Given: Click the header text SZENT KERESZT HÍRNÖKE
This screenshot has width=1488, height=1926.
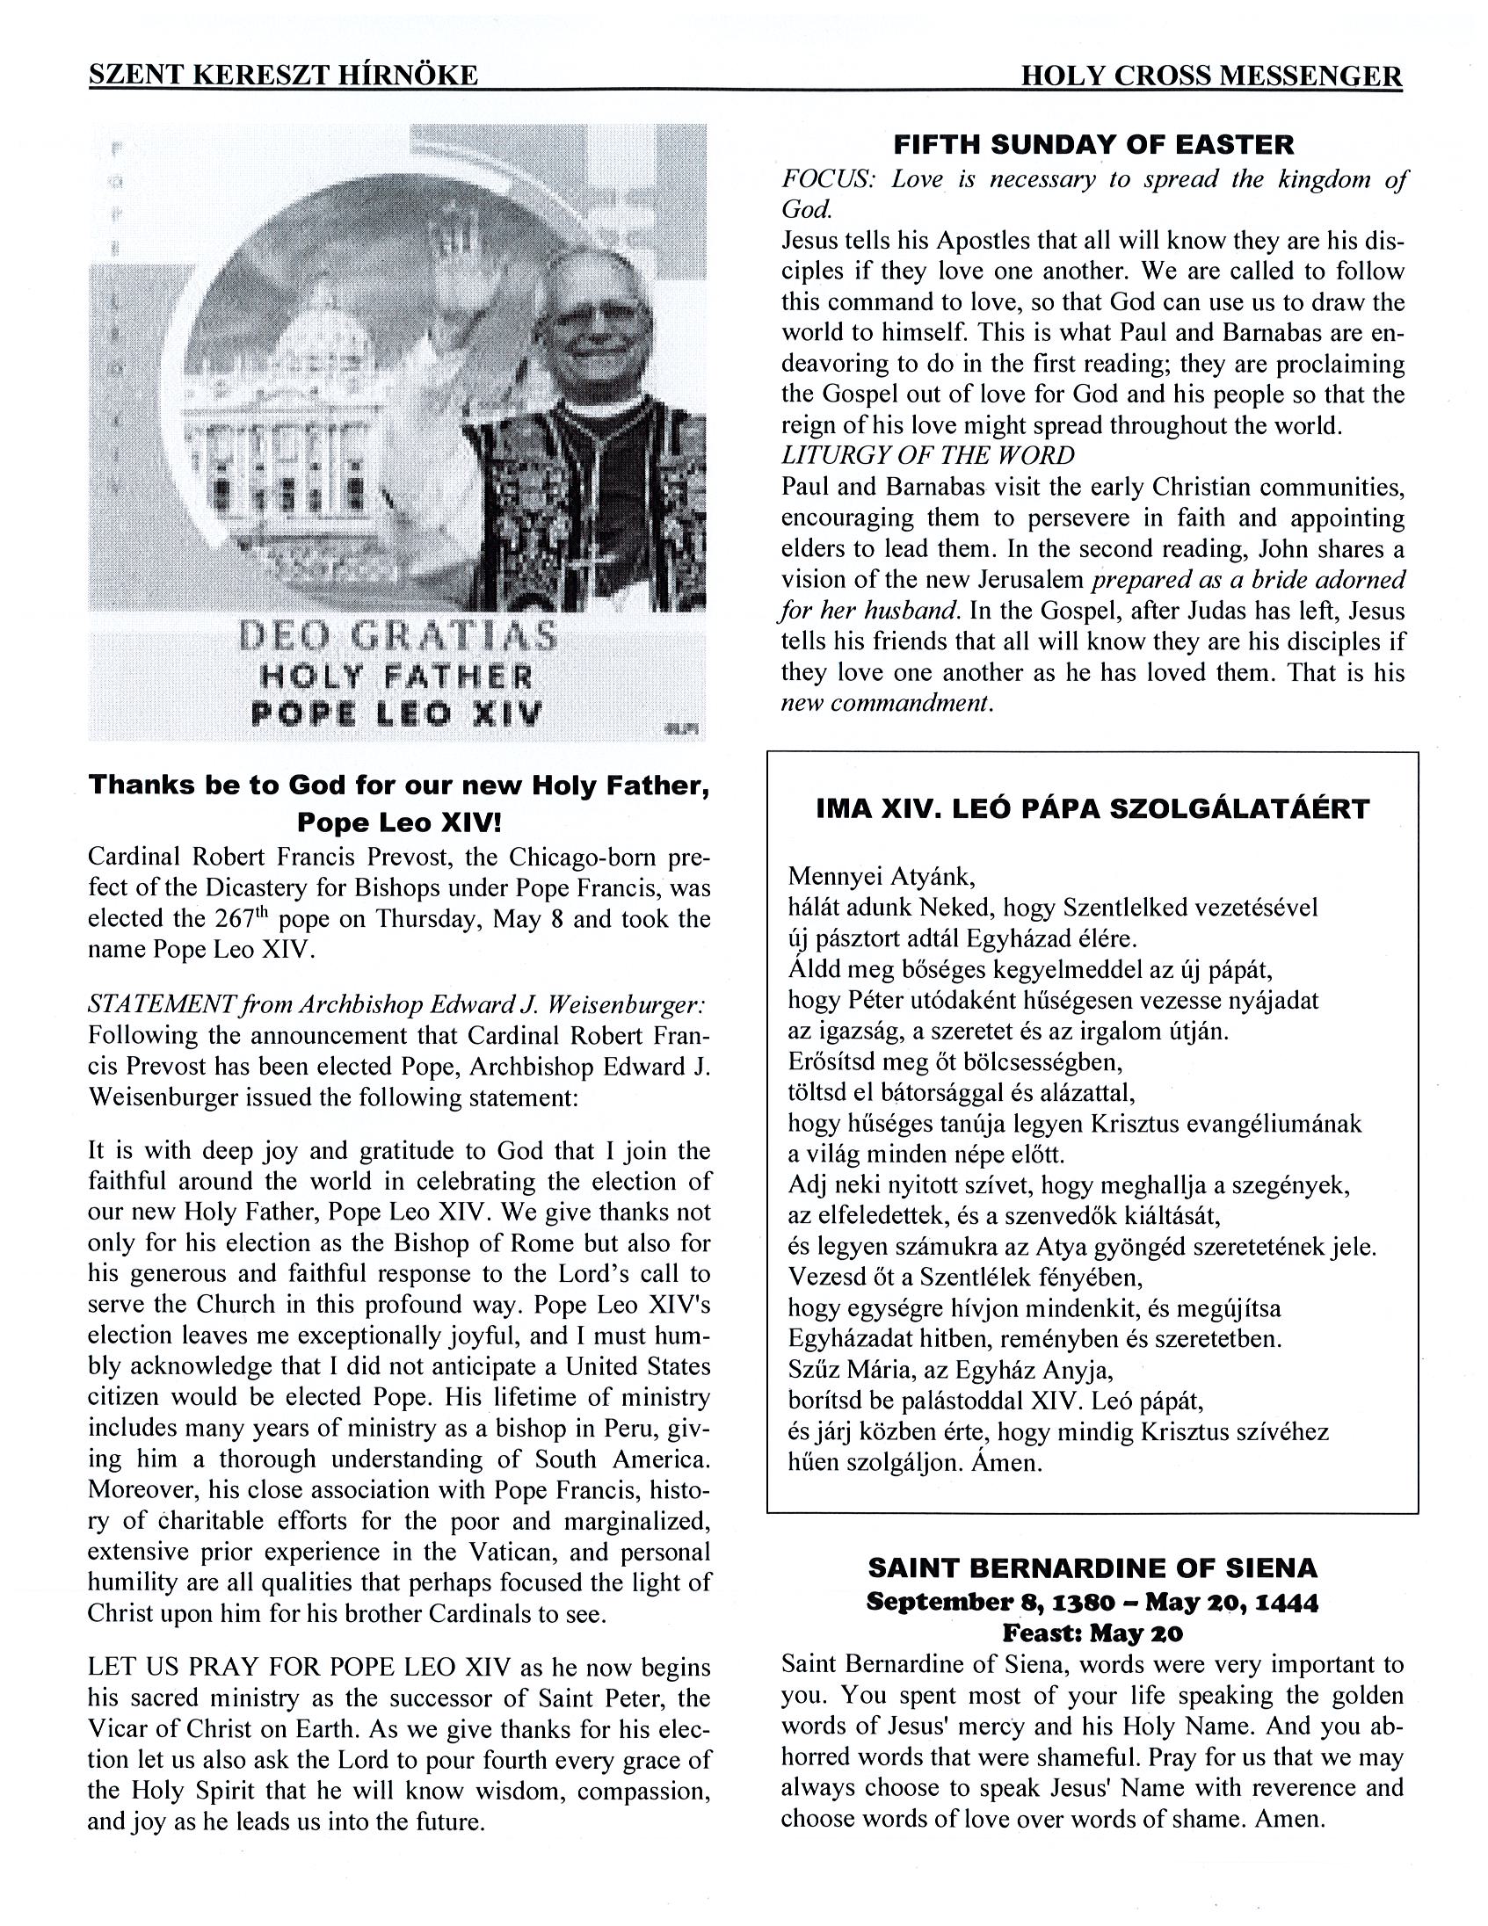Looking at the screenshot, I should coord(283,76).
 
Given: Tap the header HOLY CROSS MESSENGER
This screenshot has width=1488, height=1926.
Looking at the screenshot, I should coord(1211,76).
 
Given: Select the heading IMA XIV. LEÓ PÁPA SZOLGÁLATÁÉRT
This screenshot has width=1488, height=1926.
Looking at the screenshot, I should coord(1092,808).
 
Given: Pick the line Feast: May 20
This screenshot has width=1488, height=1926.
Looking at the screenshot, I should coord(1092,1633).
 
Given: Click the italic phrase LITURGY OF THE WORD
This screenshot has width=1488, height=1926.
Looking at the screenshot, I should coord(928,456).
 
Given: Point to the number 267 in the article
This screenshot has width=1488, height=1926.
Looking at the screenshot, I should coord(235,920).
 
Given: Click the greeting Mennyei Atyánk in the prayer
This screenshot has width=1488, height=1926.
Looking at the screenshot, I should coord(882,877).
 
